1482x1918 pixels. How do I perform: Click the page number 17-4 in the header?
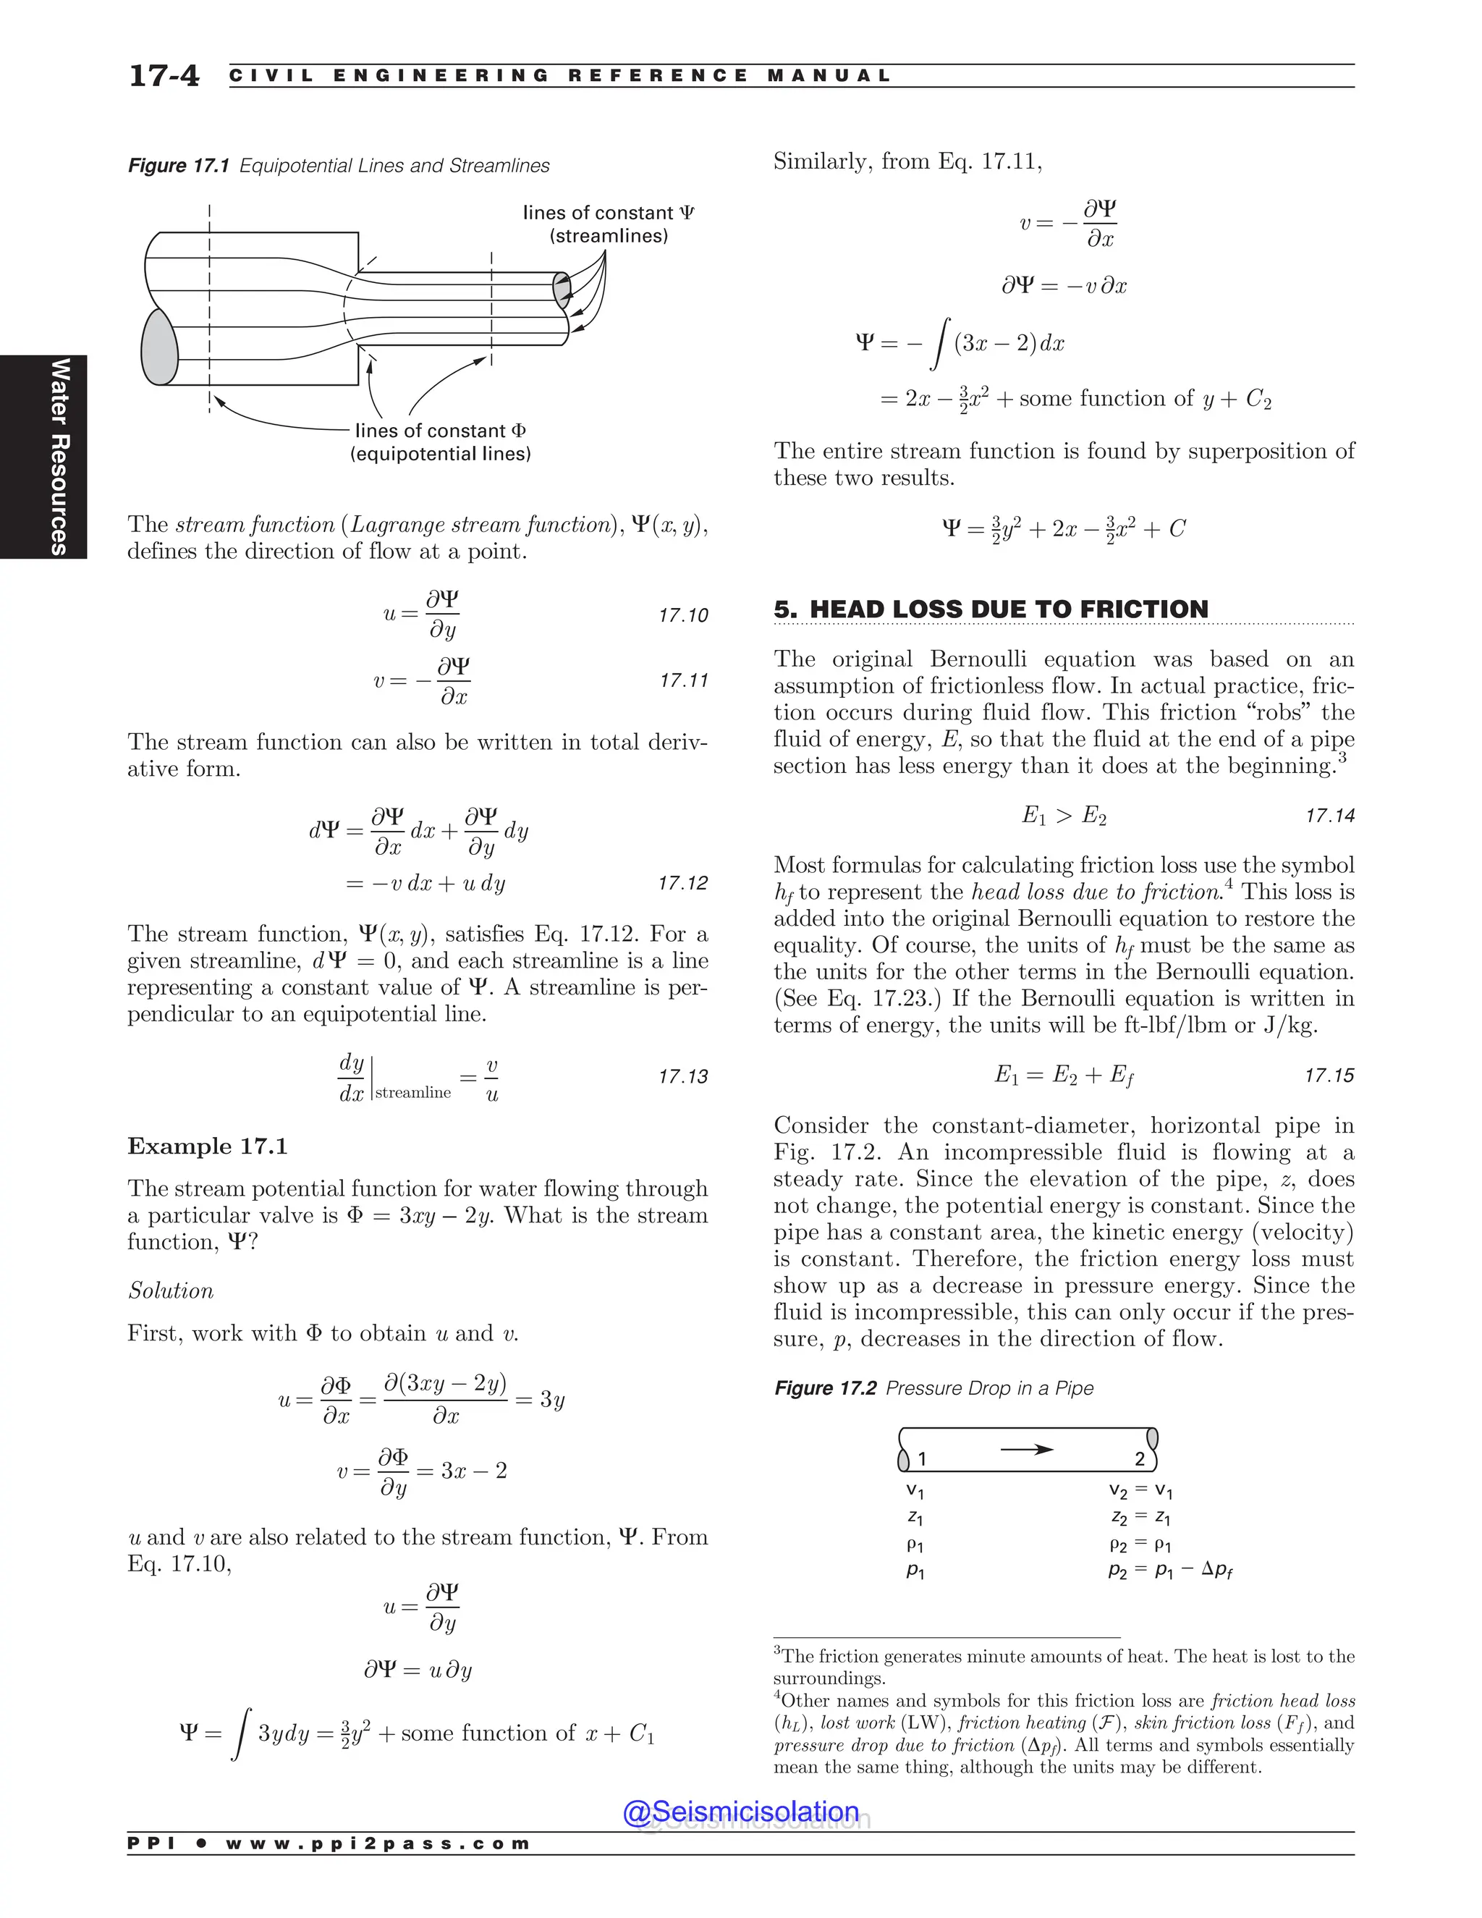pyautogui.click(x=164, y=75)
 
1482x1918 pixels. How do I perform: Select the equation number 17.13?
pyautogui.click(x=683, y=1077)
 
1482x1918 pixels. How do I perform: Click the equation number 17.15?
pyautogui.click(x=1329, y=1076)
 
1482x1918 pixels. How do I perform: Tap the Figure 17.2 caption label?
pyautogui.click(x=824, y=1388)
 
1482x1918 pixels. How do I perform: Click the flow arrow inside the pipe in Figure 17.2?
pyautogui.click(x=1026, y=1449)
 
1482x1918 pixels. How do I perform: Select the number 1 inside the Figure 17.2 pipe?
pyautogui.click(x=922, y=1460)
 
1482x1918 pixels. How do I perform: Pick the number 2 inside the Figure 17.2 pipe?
pyautogui.click(x=1140, y=1460)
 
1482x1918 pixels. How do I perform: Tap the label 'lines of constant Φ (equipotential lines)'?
pyautogui.click(x=440, y=442)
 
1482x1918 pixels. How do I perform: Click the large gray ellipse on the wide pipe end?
pyautogui.click(x=159, y=346)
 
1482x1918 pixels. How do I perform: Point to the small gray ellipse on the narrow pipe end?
pyautogui.click(x=561, y=290)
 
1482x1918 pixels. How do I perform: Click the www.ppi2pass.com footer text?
pyautogui.click(x=378, y=1843)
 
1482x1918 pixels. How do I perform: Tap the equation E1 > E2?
pyautogui.click(x=1063, y=816)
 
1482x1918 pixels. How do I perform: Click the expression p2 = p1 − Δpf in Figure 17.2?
pyautogui.click(x=1169, y=1571)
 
